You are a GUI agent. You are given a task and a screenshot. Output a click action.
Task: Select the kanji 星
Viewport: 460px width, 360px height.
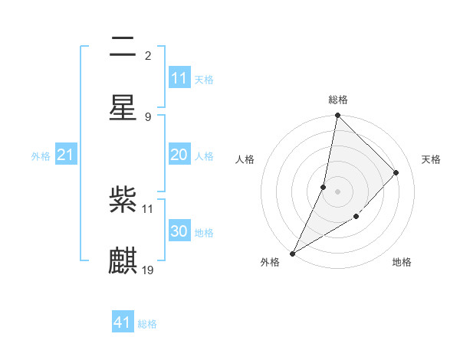point(123,107)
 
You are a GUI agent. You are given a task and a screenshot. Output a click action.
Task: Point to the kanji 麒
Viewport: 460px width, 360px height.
point(123,260)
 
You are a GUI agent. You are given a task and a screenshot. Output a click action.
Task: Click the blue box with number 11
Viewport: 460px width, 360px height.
point(179,78)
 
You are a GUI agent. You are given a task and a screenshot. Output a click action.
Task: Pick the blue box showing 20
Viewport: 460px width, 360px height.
point(179,155)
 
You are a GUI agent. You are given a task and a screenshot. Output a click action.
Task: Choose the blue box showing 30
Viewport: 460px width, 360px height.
point(179,231)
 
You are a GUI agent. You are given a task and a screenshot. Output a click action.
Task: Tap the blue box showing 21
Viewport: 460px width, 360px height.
point(66,155)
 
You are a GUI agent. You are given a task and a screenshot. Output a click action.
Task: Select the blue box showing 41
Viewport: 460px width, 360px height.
point(123,323)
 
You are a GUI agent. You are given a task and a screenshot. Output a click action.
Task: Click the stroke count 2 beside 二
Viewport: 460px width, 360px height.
point(147,56)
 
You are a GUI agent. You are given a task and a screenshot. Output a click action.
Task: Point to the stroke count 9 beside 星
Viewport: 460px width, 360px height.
point(147,116)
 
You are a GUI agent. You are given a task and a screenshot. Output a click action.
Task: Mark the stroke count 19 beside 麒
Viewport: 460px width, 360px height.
point(148,270)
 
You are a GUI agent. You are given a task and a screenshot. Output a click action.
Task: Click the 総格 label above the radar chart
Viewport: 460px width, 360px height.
point(338,100)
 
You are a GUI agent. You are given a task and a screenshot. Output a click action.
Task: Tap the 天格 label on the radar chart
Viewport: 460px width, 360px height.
point(432,159)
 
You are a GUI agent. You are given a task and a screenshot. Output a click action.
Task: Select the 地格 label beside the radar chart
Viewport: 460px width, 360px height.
point(402,263)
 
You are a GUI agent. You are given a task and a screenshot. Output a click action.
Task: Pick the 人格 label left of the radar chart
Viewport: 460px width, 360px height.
point(245,159)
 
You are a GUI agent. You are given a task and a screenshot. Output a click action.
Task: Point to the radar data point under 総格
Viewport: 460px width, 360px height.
point(337,116)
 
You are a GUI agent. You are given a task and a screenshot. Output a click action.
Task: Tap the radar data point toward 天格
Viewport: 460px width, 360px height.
point(396,173)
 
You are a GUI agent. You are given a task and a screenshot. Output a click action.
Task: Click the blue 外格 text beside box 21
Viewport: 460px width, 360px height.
point(41,156)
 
